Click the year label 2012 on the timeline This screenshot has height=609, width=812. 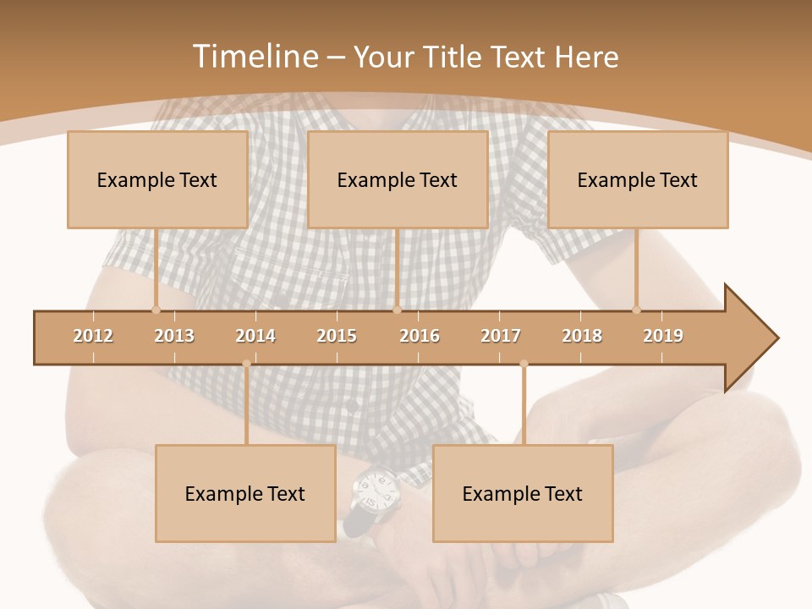[93, 336]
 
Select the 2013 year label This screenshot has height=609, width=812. [174, 336]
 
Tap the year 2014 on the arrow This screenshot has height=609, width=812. [255, 336]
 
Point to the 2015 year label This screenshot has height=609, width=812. [337, 336]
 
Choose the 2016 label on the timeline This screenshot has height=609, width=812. [420, 336]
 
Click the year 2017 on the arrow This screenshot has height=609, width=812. [501, 336]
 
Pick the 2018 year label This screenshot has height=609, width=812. [582, 336]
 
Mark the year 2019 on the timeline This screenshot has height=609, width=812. [663, 336]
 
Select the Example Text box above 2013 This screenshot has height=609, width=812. [157, 179]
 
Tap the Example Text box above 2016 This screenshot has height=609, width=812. [398, 179]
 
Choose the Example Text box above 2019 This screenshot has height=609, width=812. [638, 179]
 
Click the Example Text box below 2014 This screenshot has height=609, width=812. [245, 494]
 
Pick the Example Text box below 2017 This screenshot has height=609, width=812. [523, 494]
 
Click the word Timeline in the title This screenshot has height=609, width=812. [254, 57]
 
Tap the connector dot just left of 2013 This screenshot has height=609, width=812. [156, 310]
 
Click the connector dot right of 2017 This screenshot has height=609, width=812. [524, 364]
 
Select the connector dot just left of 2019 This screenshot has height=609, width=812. [636, 310]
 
